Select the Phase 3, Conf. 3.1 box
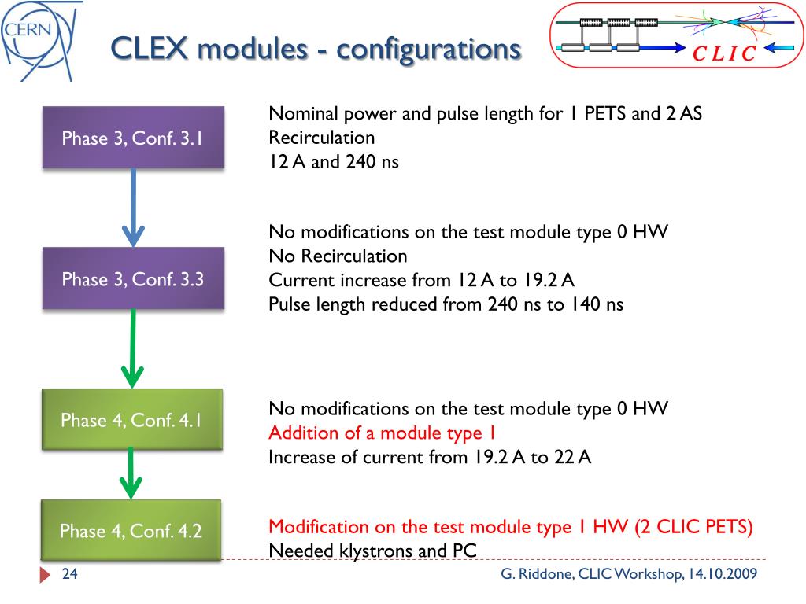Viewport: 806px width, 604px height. (133, 138)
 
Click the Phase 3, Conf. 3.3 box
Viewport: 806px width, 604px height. (133, 278)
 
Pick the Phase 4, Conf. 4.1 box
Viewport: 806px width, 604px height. (132, 420)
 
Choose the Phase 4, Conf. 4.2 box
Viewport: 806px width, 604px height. (131, 531)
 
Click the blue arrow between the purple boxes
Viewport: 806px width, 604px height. (133, 207)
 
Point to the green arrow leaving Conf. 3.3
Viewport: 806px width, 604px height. (133, 347)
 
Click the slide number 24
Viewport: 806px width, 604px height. (70, 574)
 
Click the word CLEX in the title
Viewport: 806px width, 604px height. (150, 49)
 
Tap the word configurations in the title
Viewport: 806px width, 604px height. (428, 49)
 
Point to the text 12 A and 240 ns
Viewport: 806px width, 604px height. (334, 162)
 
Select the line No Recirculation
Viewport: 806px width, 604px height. (338, 256)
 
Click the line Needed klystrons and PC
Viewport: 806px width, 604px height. (373, 551)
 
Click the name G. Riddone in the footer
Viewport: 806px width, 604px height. (535, 574)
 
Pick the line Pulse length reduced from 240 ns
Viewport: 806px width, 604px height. (446, 304)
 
